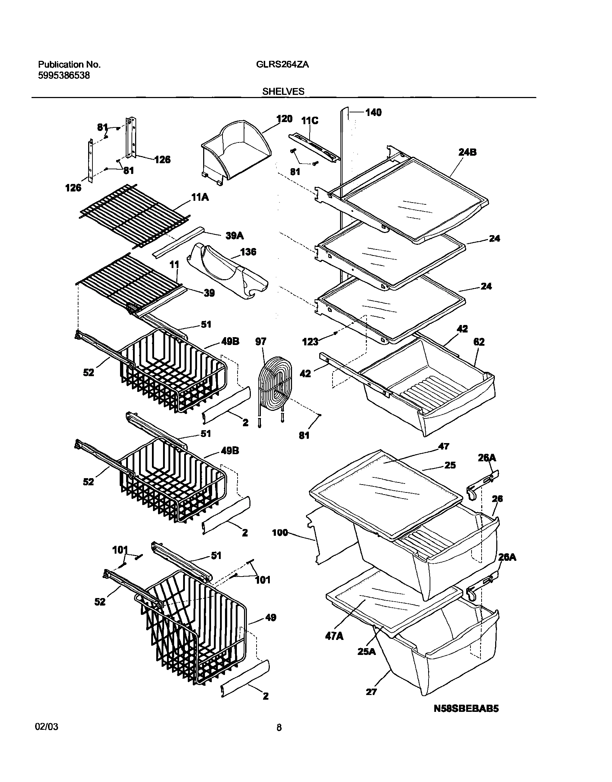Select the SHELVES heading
point(283,92)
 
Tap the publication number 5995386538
point(64,76)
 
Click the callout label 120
point(284,119)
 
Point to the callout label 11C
point(310,121)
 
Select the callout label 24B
point(468,152)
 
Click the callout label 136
point(248,252)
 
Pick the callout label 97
point(260,341)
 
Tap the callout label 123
point(310,342)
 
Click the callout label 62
point(479,342)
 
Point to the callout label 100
point(280,533)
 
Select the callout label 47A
point(334,636)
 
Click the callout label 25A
point(367,651)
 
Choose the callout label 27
point(371,692)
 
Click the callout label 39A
point(235,235)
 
